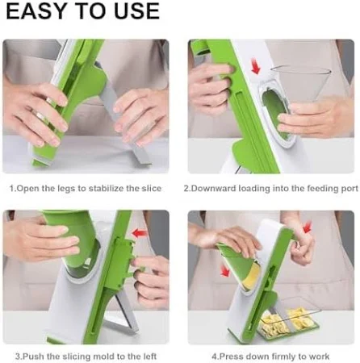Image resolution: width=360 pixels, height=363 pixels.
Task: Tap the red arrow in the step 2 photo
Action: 256,67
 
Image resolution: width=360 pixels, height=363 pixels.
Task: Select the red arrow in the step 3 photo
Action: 140,233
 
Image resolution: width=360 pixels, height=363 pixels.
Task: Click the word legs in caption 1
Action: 66,189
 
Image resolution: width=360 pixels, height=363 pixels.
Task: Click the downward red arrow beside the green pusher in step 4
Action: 225,270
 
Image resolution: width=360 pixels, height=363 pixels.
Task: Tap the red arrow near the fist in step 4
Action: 308,227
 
